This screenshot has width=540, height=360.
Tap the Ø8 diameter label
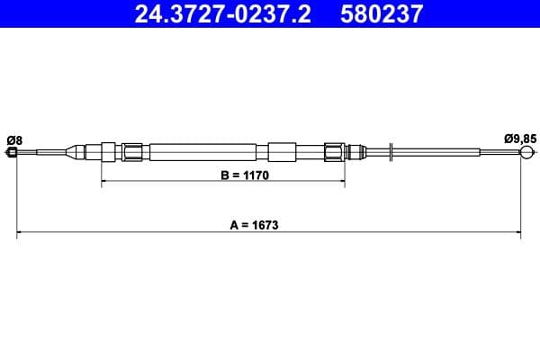pyautogui.click(x=13, y=139)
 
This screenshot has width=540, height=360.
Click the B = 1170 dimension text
pyautogui.click(x=220, y=176)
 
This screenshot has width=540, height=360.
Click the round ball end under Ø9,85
pyautogui.click(x=526, y=152)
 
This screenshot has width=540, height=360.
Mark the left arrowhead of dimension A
pyautogui.click(x=21, y=234)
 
